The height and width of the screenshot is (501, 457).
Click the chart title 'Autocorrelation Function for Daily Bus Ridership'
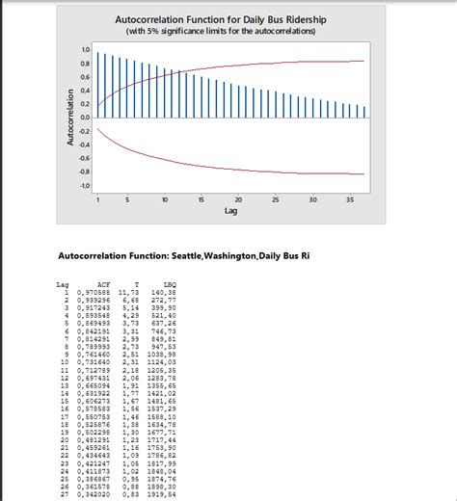[221, 18]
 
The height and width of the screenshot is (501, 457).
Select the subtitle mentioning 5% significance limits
[221, 30]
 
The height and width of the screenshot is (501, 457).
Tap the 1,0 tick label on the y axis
[84, 49]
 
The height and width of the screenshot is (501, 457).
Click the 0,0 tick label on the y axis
[84, 118]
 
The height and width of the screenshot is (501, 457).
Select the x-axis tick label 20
[238, 198]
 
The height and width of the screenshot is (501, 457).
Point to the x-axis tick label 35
[349, 198]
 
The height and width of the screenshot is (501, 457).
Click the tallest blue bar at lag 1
[98, 85]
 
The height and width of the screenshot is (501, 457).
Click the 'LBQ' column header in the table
[170, 284]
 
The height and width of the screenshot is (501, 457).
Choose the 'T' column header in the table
[136, 284]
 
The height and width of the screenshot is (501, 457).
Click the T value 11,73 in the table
[132, 292]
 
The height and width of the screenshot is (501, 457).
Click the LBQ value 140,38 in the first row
[169, 292]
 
